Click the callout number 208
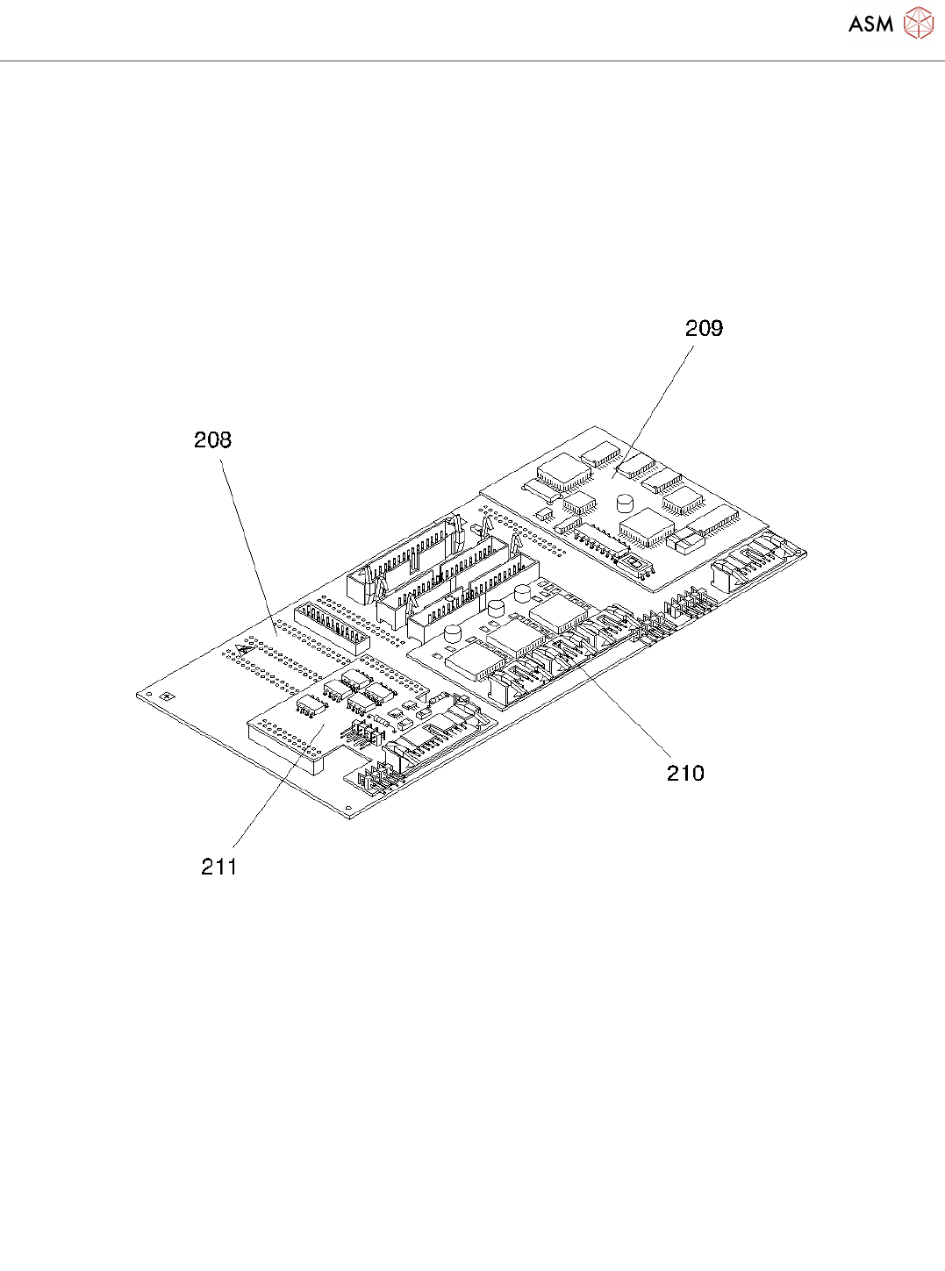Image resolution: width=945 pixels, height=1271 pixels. click(x=212, y=439)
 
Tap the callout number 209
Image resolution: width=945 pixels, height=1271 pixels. click(x=704, y=328)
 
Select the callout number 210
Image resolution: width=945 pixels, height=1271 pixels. click(x=685, y=773)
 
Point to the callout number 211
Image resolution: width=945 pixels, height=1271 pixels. click(x=219, y=867)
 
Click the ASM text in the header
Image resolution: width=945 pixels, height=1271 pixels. click(x=870, y=24)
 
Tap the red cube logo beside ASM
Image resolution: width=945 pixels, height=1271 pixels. click(x=919, y=23)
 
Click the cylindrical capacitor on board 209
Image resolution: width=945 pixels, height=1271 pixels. click(x=625, y=503)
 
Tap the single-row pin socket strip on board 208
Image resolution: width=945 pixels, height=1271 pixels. click(x=331, y=625)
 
